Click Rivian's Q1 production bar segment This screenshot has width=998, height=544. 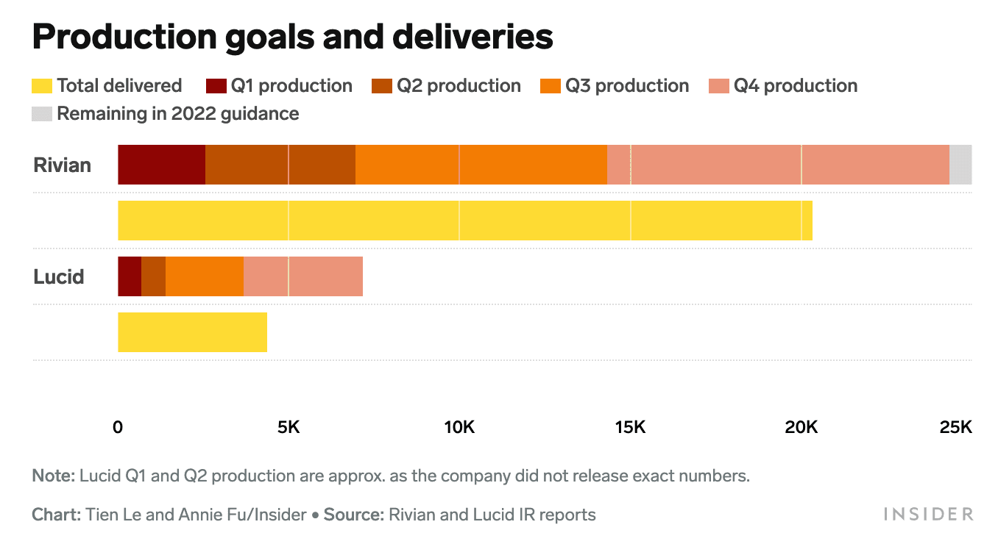click(x=161, y=165)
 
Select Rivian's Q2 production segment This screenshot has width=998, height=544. click(x=280, y=165)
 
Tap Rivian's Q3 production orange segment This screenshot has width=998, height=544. click(x=481, y=165)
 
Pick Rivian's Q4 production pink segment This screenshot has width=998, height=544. click(x=777, y=165)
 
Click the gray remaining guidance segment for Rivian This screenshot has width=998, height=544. click(x=960, y=165)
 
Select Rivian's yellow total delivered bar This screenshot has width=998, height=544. click(x=464, y=221)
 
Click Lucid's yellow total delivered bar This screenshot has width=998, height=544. click(x=192, y=332)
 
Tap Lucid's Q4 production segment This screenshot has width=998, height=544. click(x=302, y=276)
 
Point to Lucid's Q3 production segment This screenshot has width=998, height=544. click(x=204, y=276)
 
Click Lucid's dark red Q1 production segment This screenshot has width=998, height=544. click(x=129, y=276)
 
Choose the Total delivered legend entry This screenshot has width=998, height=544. click(x=107, y=86)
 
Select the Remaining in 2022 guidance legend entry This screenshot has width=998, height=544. click(x=166, y=114)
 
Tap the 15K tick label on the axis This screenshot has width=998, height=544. click(x=629, y=427)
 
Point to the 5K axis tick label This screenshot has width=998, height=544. click(x=288, y=427)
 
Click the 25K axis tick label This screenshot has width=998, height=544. click(x=956, y=427)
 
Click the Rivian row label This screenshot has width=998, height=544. click(x=63, y=165)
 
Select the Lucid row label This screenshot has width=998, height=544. click(x=59, y=277)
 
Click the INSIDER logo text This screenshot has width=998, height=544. click(x=928, y=514)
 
